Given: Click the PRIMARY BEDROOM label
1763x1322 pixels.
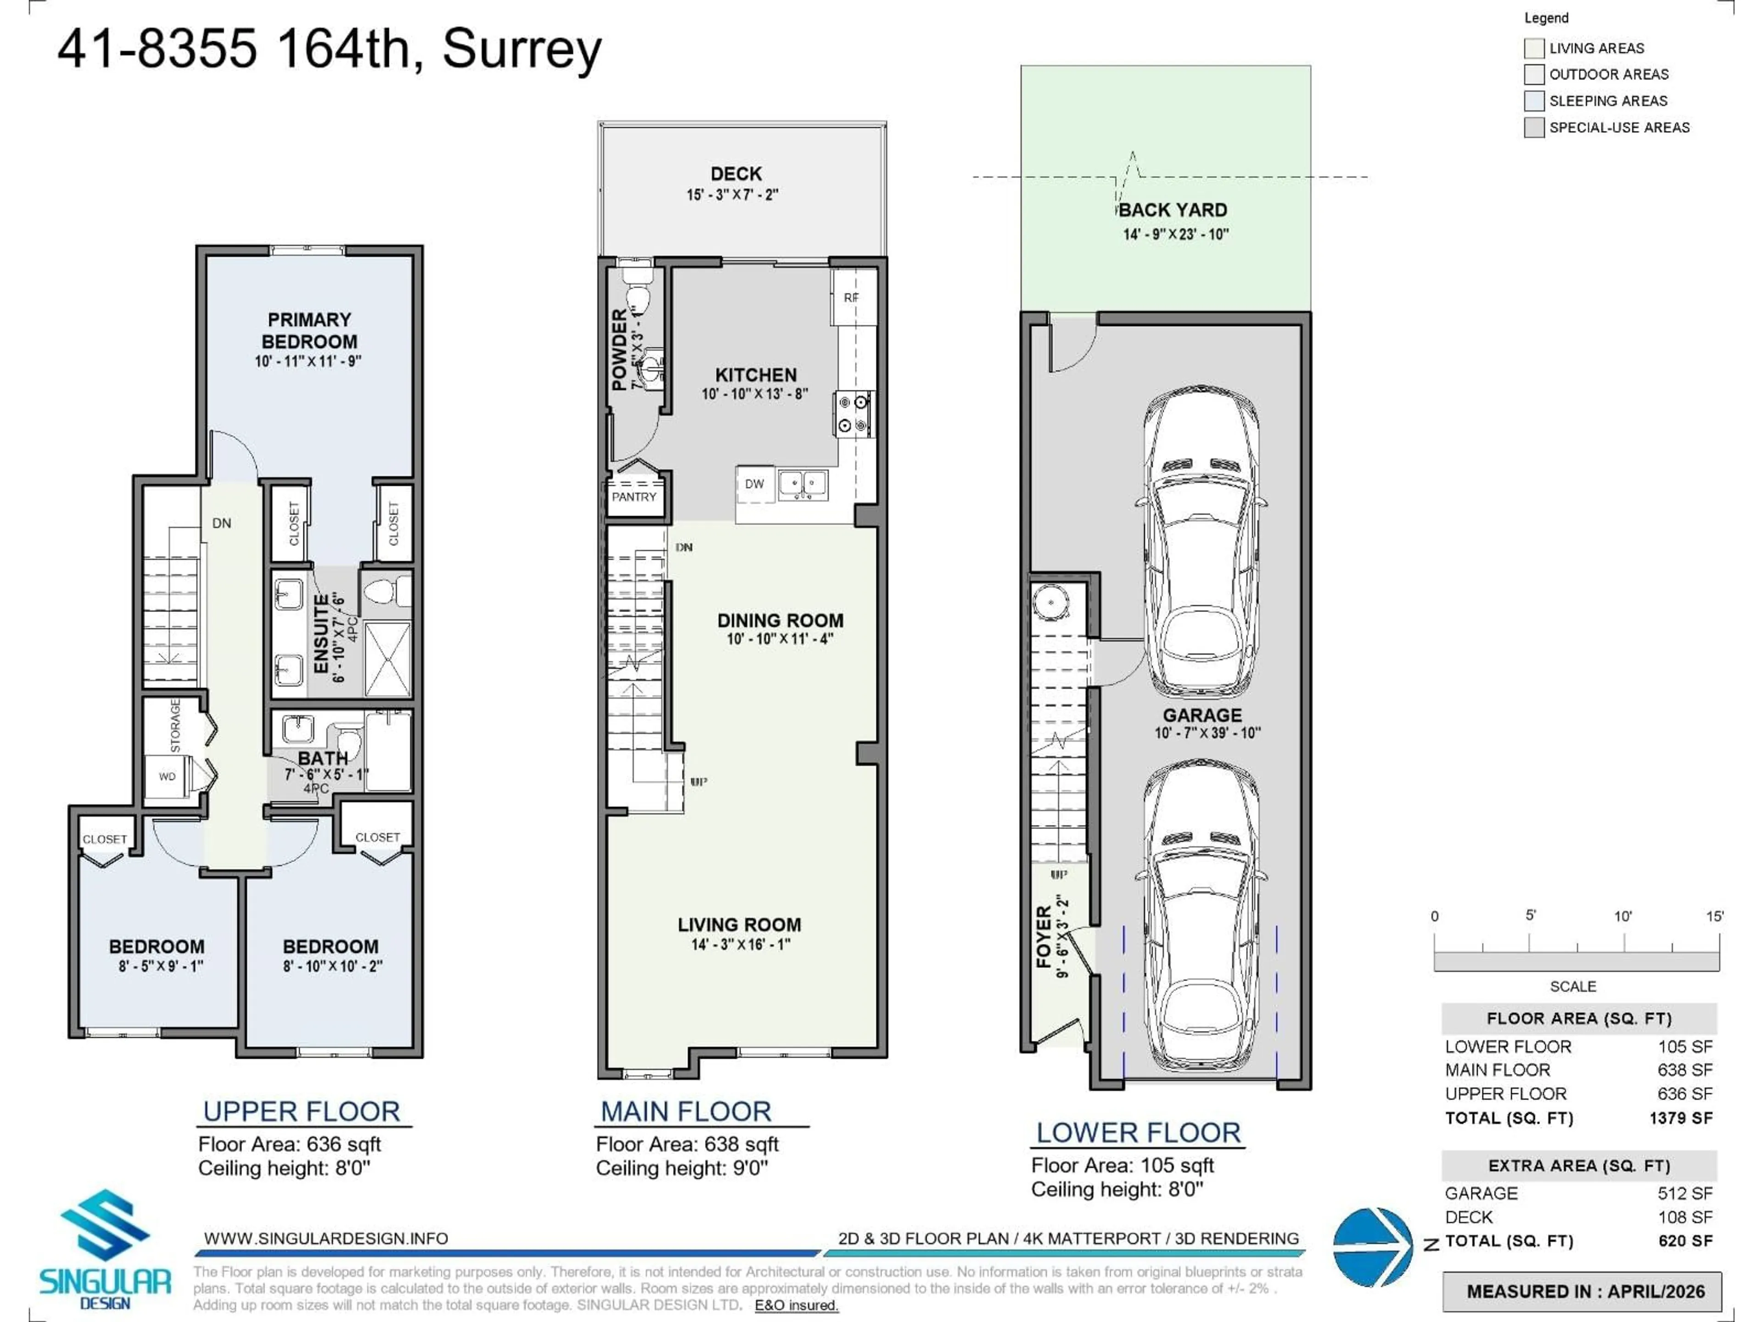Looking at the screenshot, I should point(309,330).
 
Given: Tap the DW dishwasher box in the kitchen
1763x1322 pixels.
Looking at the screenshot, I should point(754,484).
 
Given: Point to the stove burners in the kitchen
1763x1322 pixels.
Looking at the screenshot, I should point(853,414).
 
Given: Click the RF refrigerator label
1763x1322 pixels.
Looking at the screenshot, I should point(851,297).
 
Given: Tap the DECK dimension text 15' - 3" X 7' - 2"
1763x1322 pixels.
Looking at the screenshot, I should point(732,195).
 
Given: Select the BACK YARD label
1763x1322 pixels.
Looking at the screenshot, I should point(1173,210).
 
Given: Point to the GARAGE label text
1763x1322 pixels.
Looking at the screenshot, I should point(1202,715).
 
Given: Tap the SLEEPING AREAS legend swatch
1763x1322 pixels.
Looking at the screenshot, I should point(1533,101).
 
